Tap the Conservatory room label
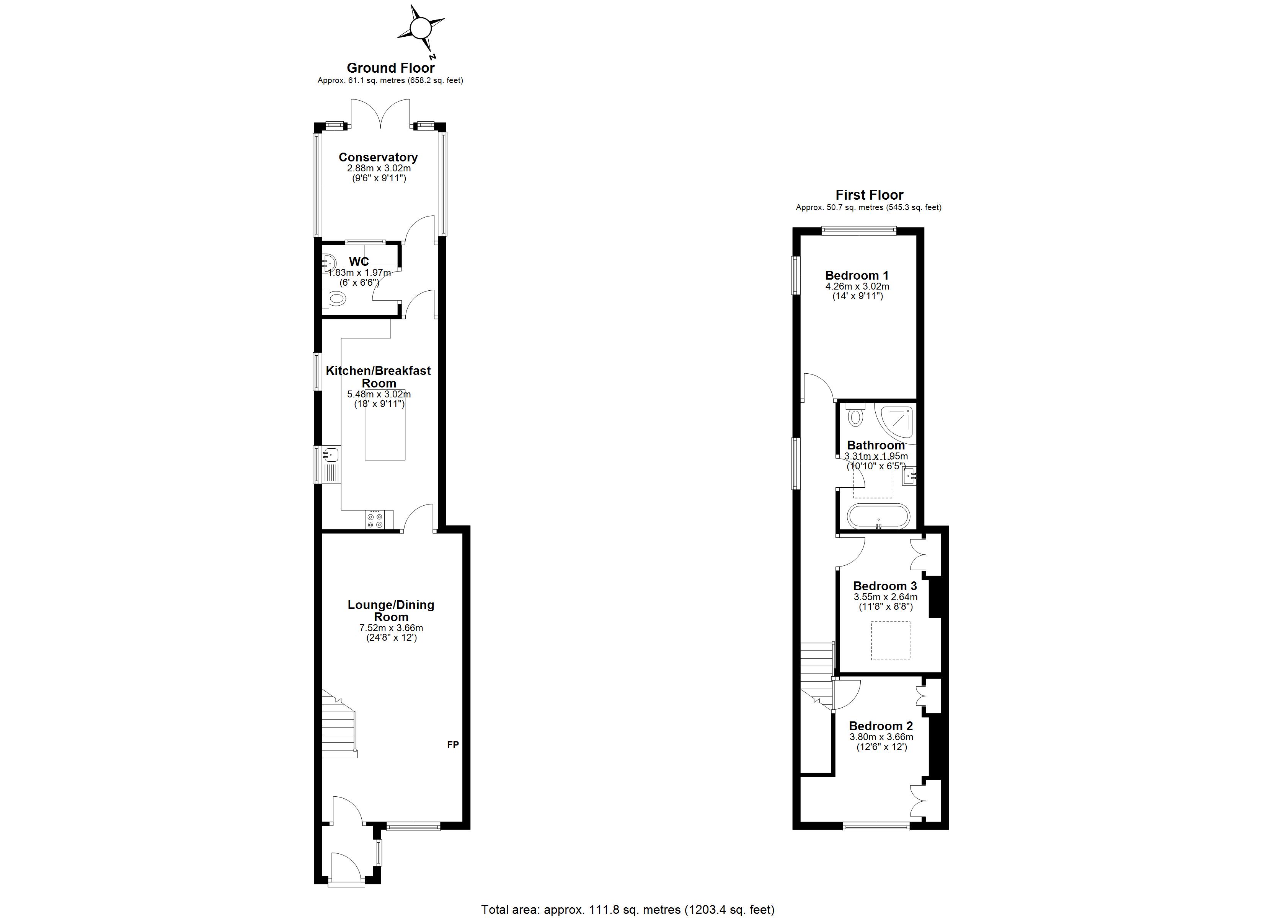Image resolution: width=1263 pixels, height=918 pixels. [x=378, y=158]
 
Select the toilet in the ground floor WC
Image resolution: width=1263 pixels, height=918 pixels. [x=335, y=299]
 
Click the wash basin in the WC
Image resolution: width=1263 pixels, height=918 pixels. [x=328, y=261]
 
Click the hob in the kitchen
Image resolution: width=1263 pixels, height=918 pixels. [x=374, y=520]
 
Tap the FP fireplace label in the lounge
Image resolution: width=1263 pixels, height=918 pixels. [x=453, y=745]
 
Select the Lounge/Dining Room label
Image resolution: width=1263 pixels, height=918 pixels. [x=391, y=611]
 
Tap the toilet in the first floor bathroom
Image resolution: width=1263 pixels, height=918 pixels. [x=855, y=414]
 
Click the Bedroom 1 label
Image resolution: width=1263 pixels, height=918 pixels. [x=857, y=275]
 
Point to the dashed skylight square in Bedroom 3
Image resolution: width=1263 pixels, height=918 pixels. [x=891, y=641]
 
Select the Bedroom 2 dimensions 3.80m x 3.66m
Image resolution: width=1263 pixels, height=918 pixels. [x=881, y=737]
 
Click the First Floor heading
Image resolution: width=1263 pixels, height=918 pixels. [x=869, y=195]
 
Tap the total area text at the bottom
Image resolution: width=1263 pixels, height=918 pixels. [x=628, y=910]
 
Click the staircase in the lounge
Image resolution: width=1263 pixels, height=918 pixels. [x=339, y=723]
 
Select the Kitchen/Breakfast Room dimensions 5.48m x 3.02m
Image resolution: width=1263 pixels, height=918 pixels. [x=379, y=394]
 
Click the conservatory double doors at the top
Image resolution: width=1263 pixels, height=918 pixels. [x=381, y=113]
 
